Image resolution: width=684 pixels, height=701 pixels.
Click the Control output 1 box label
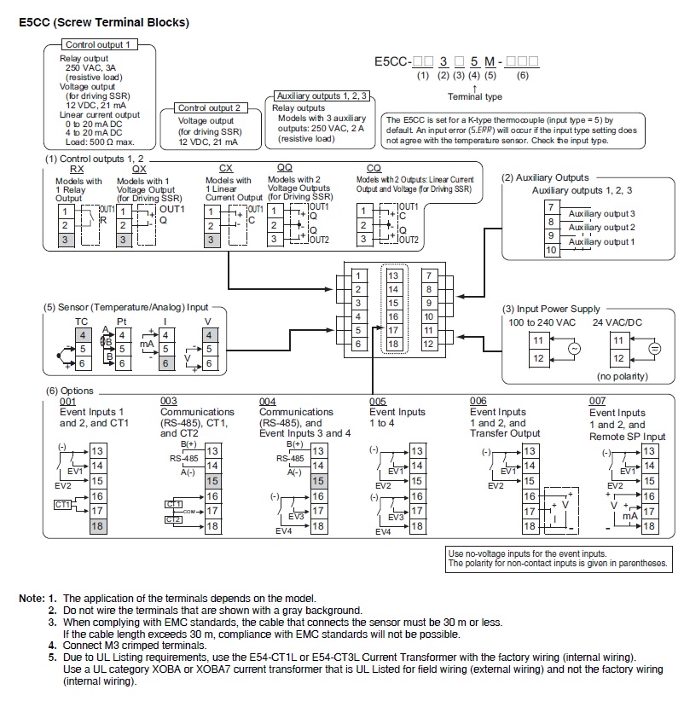click(x=98, y=44)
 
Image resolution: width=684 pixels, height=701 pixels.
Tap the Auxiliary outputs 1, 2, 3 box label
click(x=321, y=96)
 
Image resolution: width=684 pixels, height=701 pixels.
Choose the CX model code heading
click(x=226, y=169)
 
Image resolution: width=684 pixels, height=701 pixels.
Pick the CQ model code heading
click(x=374, y=169)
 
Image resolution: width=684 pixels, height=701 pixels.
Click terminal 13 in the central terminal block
click(x=393, y=275)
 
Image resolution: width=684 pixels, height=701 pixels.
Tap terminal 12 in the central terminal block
click(x=429, y=343)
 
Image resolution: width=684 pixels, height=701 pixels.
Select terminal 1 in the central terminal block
click(x=358, y=275)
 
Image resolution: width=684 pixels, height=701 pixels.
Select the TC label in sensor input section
click(x=82, y=322)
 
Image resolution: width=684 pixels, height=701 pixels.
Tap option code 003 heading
click(x=169, y=401)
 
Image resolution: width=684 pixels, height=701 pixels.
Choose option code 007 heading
click(x=598, y=401)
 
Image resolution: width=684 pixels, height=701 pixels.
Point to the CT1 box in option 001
click(x=62, y=505)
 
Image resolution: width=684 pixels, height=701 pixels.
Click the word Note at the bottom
click(x=32, y=599)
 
